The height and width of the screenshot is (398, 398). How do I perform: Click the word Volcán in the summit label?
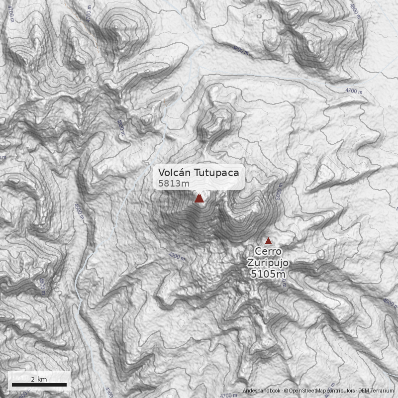point(173,172)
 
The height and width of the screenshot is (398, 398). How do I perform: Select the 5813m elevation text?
point(174,184)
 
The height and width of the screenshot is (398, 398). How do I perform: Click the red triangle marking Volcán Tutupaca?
point(199,199)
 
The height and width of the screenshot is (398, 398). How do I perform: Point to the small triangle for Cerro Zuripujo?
point(268,240)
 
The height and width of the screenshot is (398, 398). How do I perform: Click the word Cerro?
point(268,251)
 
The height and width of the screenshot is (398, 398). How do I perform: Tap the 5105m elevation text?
point(268,274)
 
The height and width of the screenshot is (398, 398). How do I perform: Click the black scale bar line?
point(39,385)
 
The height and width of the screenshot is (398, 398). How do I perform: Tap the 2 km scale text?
point(39,379)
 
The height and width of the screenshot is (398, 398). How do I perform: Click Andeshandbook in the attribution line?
point(262,391)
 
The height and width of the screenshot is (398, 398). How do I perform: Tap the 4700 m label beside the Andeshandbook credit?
point(229,396)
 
